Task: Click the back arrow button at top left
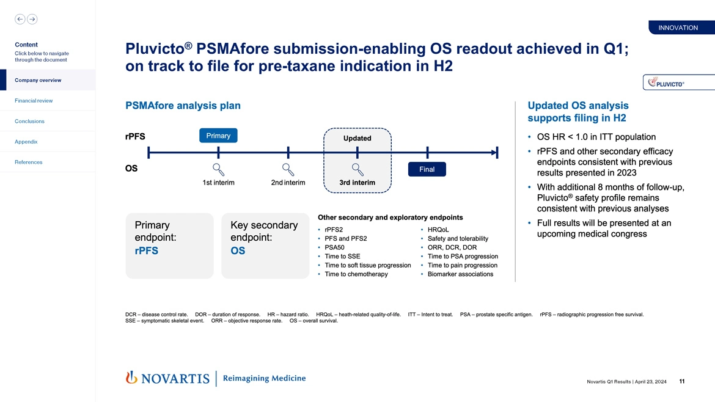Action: (x=20, y=19)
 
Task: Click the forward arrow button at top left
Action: (x=32, y=19)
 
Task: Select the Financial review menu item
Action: (x=34, y=101)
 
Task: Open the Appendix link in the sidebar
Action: (x=26, y=142)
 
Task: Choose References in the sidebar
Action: (x=29, y=162)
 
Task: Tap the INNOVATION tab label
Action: (x=678, y=27)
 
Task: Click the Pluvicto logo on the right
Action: (x=665, y=83)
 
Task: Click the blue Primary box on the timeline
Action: (x=218, y=136)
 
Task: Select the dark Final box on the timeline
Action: (x=427, y=169)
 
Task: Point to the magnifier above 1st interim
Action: (x=218, y=169)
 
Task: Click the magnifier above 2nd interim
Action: (x=288, y=169)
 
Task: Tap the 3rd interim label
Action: (x=357, y=183)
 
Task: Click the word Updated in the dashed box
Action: (x=357, y=138)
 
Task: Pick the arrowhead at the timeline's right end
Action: (x=492, y=153)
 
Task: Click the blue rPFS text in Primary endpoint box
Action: (x=146, y=251)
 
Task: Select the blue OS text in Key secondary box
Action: (x=238, y=251)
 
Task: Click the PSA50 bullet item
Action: (x=334, y=247)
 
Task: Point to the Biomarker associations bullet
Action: (x=460, y=274)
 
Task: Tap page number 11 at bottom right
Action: (x=681, y=382)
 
